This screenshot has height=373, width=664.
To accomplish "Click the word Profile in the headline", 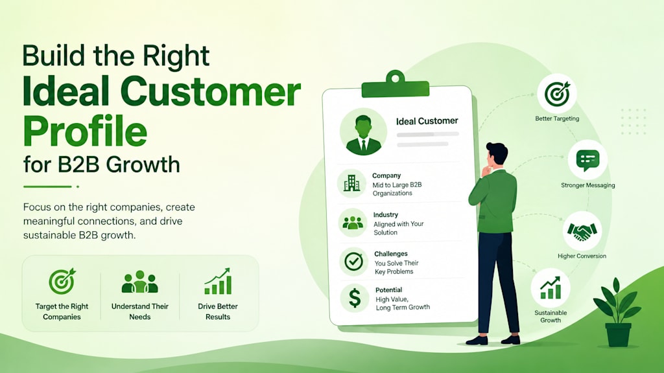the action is click(85, 131).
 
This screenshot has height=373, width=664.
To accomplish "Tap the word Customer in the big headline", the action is click(211, 91).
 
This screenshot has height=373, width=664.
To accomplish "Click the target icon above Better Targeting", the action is click(557, 93).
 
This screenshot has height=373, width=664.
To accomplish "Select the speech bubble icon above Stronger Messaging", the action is click(587, 161).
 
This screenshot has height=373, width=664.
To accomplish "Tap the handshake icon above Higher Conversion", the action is click(582, 231).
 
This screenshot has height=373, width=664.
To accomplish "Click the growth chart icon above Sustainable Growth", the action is click(550, 288).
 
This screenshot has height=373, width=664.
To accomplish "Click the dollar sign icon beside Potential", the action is click(355, 298).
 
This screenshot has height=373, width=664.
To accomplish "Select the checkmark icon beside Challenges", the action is click(353, 262).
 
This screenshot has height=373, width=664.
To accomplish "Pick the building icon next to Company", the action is click(352, 183).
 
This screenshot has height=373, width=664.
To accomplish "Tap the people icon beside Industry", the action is click(353, 223).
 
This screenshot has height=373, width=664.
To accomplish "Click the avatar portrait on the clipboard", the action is click(363, 131).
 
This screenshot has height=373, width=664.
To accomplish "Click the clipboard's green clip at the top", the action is click(395, 84).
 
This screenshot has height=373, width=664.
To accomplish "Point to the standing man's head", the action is click(497, 153).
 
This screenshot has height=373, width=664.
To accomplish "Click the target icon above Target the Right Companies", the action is click(62, 281).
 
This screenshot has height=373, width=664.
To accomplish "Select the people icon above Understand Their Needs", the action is click(140, 282).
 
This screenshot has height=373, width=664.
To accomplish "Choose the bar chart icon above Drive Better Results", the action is click(218, 281).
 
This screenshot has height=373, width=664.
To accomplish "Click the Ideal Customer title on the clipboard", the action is click(427, 121).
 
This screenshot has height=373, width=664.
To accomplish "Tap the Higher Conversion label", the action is click(582, 256).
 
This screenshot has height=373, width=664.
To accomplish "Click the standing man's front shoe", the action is click(477, 341).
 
